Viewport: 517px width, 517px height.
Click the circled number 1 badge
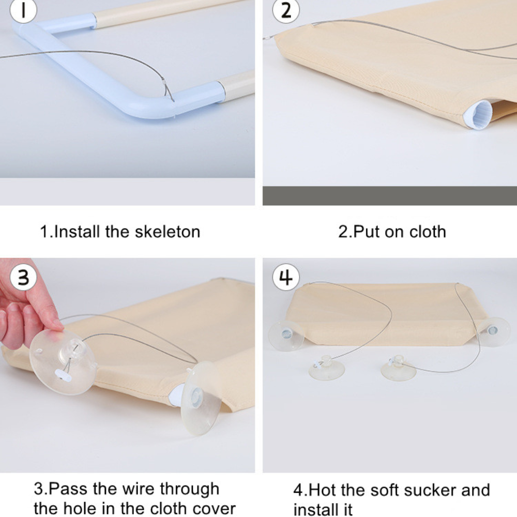click(x=23, y=9)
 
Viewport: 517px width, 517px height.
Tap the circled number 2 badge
click(x=286, y=10)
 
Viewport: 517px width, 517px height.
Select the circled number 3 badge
click(x=23, y=277)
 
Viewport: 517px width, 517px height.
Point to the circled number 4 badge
click(x=286, y=277)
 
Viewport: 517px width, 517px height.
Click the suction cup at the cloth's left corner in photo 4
click(x=286, y=336)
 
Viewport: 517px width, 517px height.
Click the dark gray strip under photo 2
click(x=390, y=196)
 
